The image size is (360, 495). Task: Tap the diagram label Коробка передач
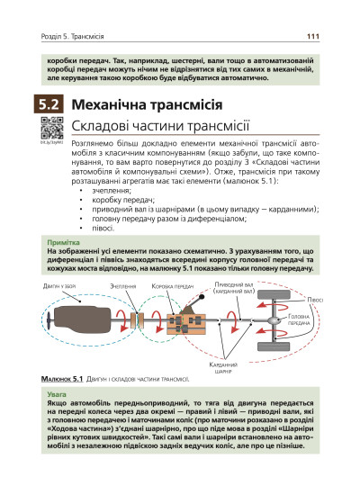[173, 285]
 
